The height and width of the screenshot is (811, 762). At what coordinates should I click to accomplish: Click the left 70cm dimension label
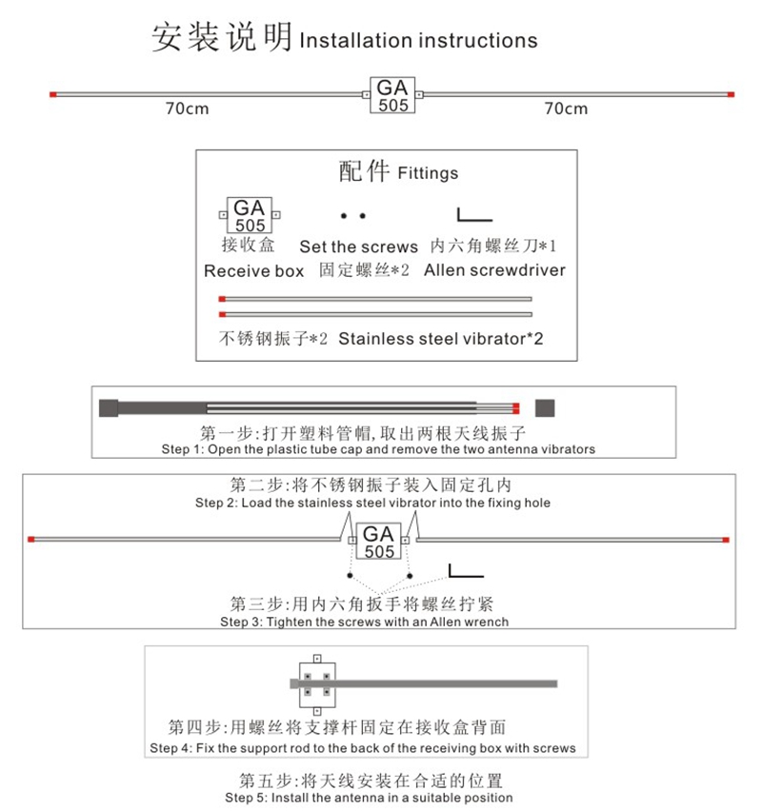pos(188,109)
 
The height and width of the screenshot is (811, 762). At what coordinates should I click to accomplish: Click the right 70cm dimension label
pos(567,109)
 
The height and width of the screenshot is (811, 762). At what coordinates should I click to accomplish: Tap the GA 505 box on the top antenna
pos(392,95)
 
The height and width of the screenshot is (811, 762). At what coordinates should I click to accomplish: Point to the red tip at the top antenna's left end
pos(52,94)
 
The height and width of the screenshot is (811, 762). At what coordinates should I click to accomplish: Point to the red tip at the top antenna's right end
pos(731,94)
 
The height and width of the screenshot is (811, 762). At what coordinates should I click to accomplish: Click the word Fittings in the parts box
pos(428,172)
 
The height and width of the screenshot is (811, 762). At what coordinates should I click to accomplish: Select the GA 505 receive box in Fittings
pos(250,215)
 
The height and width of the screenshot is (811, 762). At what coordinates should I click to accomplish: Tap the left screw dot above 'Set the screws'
pos(344,216)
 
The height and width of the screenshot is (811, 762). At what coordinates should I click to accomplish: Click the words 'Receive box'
pos(253,271)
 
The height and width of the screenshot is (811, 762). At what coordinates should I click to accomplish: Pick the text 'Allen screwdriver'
pos(495,270)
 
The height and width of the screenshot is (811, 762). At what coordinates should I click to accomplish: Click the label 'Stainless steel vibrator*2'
pos(441,339)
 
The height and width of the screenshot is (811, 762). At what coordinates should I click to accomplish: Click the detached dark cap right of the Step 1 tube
pos(545,408)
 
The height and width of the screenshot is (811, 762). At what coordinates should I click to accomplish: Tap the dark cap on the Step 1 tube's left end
pos(109,408)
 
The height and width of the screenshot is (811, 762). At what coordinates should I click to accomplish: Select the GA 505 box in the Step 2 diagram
pos(379,541)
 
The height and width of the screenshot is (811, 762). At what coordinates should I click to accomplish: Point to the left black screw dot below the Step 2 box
pos(350,575)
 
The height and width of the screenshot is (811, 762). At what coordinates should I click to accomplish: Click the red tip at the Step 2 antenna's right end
pos(726,540)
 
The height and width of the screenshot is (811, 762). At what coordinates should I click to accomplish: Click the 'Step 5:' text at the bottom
pos(246,798)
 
